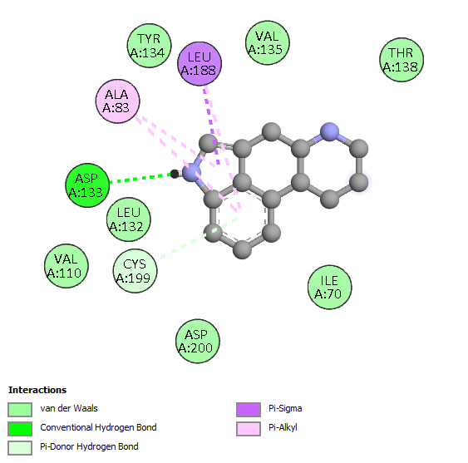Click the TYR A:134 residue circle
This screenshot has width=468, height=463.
pos(150,46)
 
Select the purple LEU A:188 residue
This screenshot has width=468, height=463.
pos(200,63)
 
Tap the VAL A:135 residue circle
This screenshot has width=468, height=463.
pos(268,42)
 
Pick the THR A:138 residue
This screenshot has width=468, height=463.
pos(401,60)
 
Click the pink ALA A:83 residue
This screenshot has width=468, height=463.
pos(117,101)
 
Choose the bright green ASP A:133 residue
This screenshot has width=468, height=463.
pos(87,185)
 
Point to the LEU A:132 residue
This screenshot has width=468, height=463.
pos(129,219)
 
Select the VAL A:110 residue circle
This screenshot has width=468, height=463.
pos(67,266)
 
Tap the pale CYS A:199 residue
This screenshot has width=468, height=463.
pos(135,271)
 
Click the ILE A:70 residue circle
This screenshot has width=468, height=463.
pos(329,287)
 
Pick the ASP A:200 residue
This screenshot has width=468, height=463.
pos(198,341)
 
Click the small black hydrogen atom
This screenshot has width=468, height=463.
pos(175,174)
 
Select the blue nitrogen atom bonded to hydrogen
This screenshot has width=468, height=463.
pos(191,173)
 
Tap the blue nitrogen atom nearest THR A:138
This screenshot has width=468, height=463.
pos(329,131)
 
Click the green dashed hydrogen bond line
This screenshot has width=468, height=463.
pos(140,178)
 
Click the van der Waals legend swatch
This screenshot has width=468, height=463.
pos(20,410)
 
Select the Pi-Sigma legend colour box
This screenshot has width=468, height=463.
pos(249,410)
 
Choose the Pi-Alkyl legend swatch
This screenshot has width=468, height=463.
pos(249,429)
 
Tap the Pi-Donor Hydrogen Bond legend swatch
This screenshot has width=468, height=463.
pos(20,448)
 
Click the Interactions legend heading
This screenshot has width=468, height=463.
pos(37,390)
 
